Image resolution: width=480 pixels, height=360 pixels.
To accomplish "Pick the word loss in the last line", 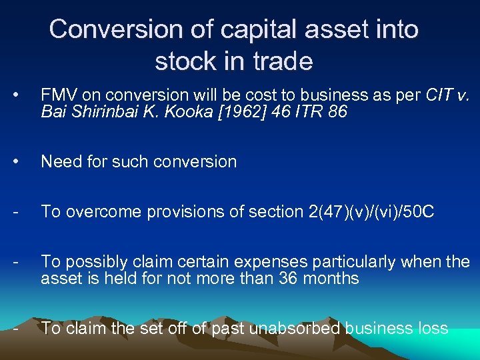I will click(433, 327).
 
